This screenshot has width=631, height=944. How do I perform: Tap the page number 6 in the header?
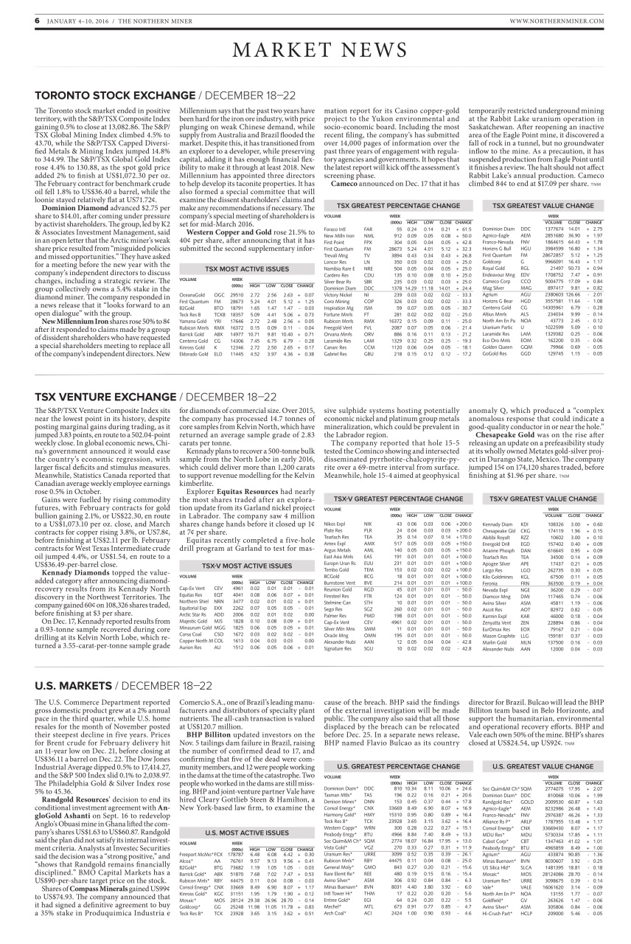[36, 21]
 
